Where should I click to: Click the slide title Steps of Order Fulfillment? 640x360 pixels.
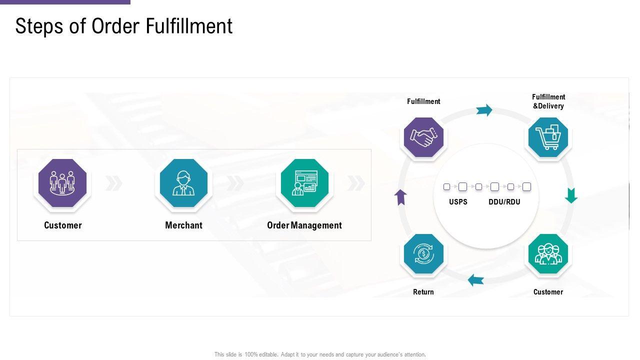(x=124, y=26)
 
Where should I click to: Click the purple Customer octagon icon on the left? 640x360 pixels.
(x=62, y=183)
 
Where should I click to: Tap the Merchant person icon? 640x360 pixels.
(x=183, y=183)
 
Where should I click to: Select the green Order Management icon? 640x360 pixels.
(x=304, y=183)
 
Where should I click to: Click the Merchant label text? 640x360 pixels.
(x=183, y=225)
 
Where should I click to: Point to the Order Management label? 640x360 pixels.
(x=304, y=225)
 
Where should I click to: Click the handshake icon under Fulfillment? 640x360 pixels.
(x=423, y=137)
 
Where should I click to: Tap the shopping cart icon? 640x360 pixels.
(x=548, y=137)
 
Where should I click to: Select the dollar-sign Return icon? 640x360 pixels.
(x=423, y=254)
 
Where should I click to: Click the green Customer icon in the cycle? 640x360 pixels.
(x=548, y=254)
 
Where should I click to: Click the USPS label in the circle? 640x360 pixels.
(x=458, y=202)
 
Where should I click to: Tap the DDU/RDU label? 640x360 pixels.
(x=504, y=202)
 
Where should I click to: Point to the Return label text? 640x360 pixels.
(x=423, y=292)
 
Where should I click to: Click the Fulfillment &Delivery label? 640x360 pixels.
(x=548, y=101)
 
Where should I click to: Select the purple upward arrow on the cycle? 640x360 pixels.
(x=400, y=197)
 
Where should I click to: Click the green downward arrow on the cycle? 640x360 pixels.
(x=571, y=195)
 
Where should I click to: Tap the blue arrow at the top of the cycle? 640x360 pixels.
(x=484, y=110)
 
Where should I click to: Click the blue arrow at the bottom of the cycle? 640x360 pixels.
(x=476, y=280)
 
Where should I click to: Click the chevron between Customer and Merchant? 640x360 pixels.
(x=114, y=183)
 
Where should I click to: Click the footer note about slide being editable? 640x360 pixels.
(x=320, y=354)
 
